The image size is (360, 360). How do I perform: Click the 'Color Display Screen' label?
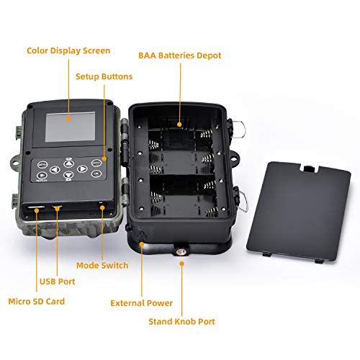tap(68, 51)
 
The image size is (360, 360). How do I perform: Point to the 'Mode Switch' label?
tap(102, 266)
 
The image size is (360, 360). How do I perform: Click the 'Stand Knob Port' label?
tap(181, 321)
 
